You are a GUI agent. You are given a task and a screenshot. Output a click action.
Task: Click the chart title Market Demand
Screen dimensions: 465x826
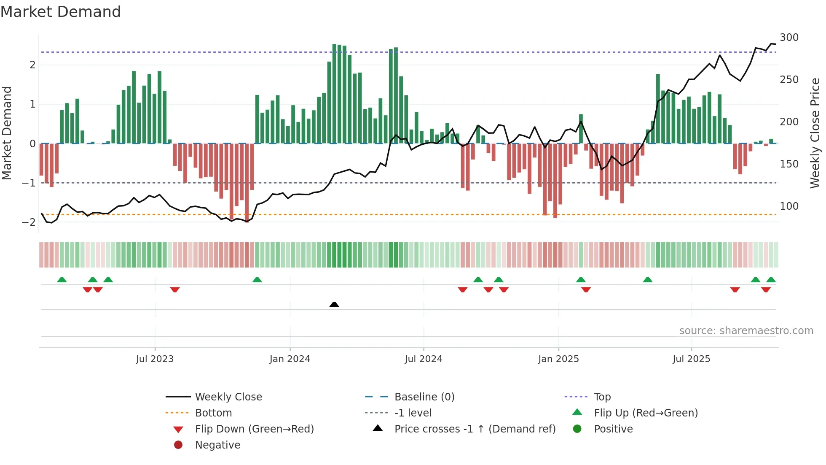[x=61, y=12]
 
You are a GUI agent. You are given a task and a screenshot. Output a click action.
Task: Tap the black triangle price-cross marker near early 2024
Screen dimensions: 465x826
[x=334, y=304]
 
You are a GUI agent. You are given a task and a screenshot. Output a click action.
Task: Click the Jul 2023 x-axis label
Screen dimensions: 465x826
[x=155, y=359]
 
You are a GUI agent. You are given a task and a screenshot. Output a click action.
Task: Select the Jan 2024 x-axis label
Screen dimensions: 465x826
[x=290, y=359]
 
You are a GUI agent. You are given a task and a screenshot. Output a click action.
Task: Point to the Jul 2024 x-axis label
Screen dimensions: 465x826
[x=424, y=359]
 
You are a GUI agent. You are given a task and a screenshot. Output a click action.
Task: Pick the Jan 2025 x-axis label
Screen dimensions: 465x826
[x=558, y=359]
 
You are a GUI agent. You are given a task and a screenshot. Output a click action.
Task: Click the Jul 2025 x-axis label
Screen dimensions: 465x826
[x=692, y=359]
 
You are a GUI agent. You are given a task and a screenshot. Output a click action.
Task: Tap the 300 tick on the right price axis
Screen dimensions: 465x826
[x=789, y=38]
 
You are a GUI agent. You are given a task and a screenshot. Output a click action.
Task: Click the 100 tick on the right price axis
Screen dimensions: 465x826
[x=789, y=206]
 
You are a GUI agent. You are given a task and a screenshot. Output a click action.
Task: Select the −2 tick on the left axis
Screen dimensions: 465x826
[x=29, y=222]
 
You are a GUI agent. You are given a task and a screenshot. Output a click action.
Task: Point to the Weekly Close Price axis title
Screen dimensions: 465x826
[x=815, y=133]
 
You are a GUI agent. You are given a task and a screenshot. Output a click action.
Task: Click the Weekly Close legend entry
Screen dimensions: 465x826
[x=228, y=397]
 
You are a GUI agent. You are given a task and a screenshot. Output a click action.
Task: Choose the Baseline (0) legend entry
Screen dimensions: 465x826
[x=424, y=397]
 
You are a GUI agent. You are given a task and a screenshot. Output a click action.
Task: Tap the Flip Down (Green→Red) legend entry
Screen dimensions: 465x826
[x=254, y=429]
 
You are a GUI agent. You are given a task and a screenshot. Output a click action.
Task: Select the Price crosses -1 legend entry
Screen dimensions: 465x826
[x=475, y=429]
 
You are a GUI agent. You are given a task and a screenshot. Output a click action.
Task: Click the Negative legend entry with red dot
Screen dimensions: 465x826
[x=217, y=445]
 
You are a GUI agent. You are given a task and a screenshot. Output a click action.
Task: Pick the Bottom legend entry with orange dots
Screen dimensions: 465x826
[x=213, y=413]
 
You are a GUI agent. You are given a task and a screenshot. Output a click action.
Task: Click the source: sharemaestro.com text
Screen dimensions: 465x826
[x=746, y=331]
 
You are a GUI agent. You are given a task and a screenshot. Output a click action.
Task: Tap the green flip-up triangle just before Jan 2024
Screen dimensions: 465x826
[x=257, y=280]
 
